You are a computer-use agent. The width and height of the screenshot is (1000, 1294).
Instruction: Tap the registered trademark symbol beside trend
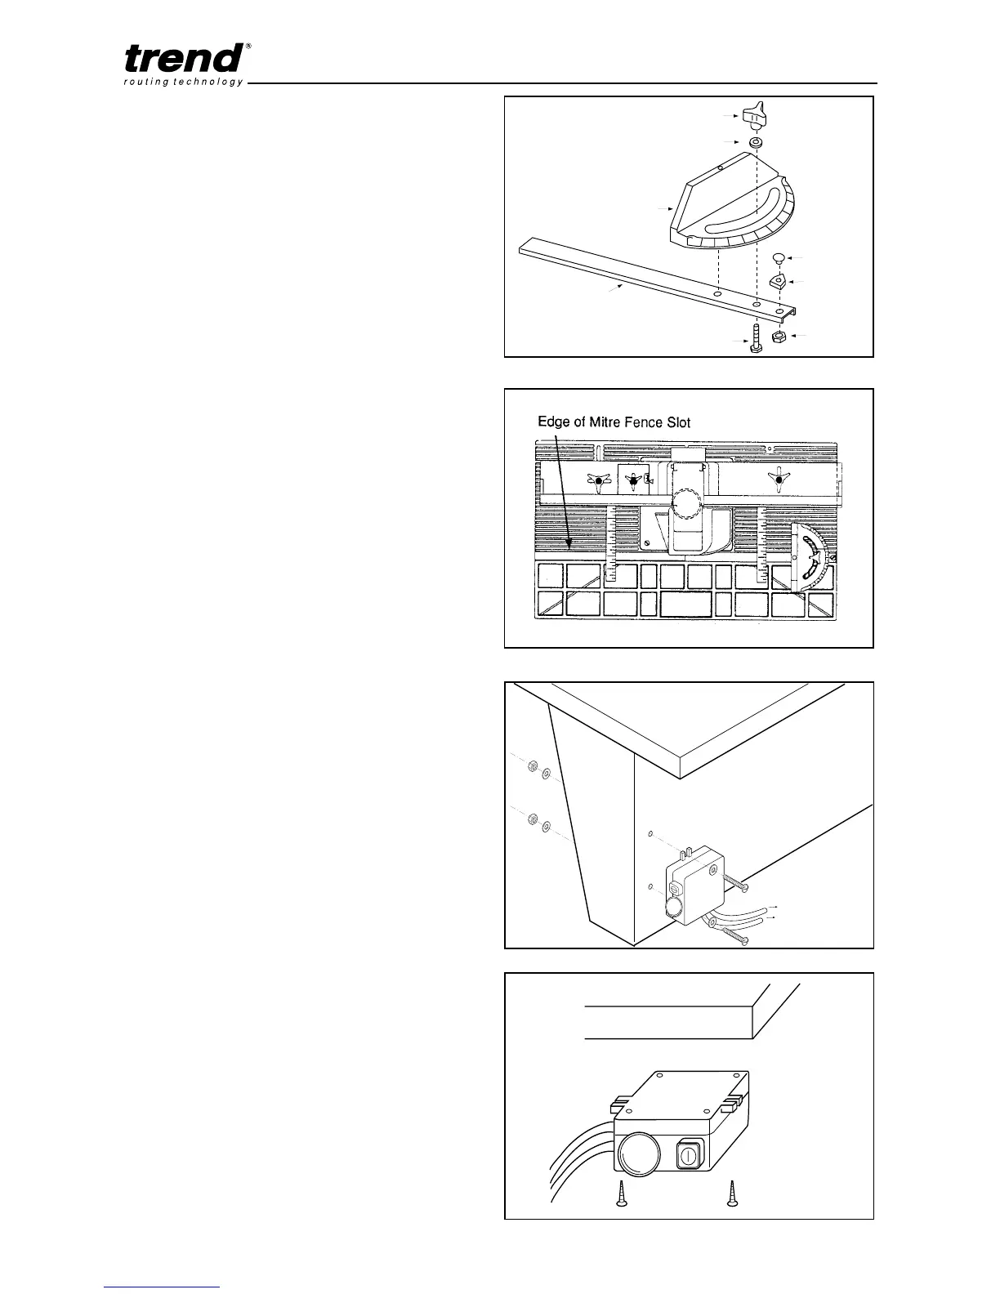[248, 46]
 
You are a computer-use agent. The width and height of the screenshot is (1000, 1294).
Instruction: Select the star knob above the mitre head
[756, 114]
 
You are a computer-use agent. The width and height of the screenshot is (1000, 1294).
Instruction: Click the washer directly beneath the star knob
[757, 143]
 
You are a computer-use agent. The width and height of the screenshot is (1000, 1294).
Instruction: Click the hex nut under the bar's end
[779, 337]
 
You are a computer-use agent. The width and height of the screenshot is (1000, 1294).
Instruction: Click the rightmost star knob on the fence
[779, 480]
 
